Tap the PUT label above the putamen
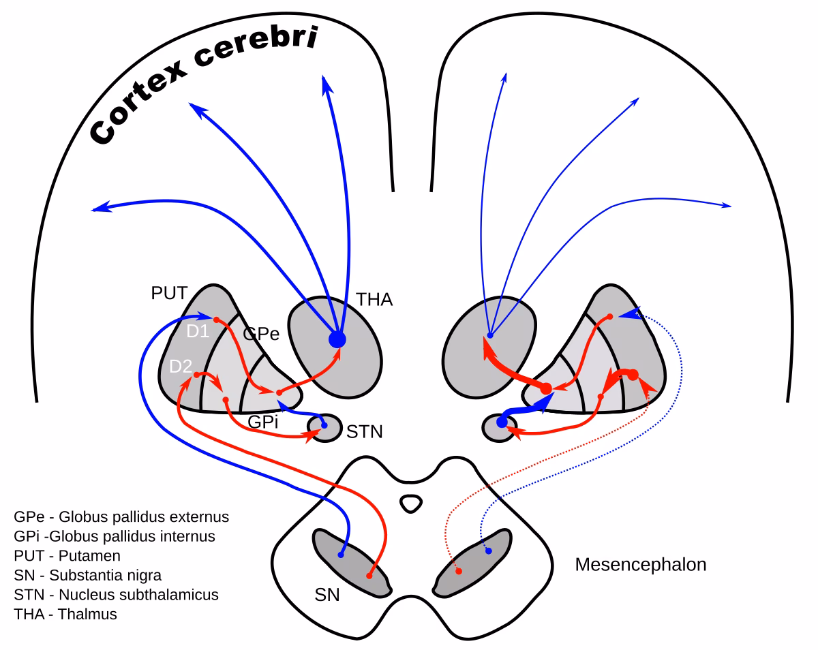pos(169,293)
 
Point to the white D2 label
pos(180,367)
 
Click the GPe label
pos(261,334)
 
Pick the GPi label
pos(263,422)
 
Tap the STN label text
pos(365,431)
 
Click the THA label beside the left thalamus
pos(374,299)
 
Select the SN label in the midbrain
pos(327,594)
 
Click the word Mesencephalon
pos(640,564)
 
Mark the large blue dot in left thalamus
pos(337,339)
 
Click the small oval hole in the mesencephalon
pos(410,504)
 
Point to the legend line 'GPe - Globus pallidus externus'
pos(121,516)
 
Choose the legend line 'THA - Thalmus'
pos(65,614)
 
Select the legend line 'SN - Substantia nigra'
pos(87,575)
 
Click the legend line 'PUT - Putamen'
pos(67,555)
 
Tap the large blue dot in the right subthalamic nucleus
pos(502,422)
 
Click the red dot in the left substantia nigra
pos(369,576)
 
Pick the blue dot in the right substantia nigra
pos(488,551)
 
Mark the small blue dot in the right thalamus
pos(489,335)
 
